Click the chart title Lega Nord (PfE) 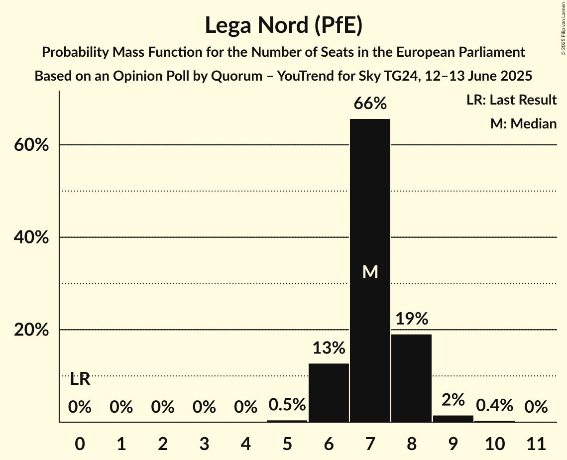[283, 25]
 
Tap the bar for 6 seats [329, 393]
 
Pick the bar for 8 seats [411, 378]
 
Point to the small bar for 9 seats [453, 419]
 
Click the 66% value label [370, 104]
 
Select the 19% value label [411, 319]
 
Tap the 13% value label [329, 348]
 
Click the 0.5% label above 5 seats [287, 405]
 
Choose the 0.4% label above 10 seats [494, 405]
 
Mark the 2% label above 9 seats [453, 400]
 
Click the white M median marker [370, 272]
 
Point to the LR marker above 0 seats [80, 379]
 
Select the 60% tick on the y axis [31, 145]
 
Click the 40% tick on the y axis [31, 238]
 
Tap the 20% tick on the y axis [31, 331]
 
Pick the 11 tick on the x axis [536, 443]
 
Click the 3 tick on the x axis [204, 443]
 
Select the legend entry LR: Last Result [511, 100]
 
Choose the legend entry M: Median [523, 123]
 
